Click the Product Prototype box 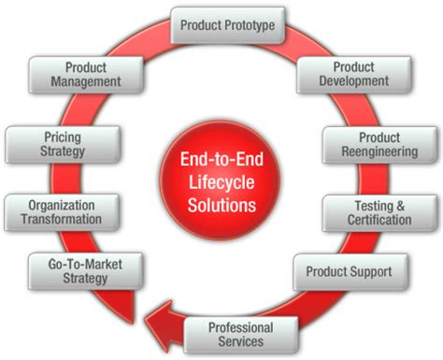tap(227, 24)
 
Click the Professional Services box tap(240, 335)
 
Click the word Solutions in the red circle tap(221, 201)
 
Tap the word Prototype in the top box tap(250, 24)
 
